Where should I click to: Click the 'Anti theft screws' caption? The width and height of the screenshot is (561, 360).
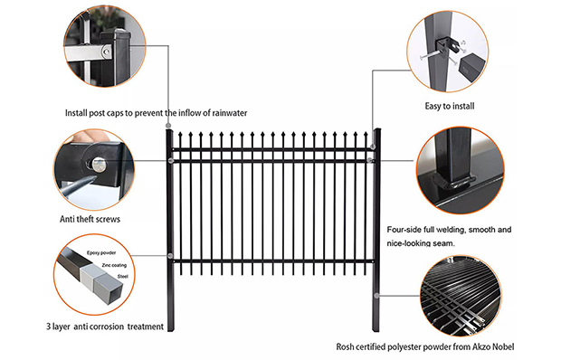[x=90, y=219]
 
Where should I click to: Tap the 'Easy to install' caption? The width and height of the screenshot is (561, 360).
[x=450, y=106]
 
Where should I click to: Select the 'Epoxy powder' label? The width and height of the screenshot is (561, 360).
[x=101, y=252]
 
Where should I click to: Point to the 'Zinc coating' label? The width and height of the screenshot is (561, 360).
[x=114, y=265]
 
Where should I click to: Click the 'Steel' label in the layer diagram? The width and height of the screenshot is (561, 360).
[x=122, y=277]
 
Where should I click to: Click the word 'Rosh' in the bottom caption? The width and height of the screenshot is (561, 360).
[x=345, y=346]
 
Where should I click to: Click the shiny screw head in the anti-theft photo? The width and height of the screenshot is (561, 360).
[x=99, y=165]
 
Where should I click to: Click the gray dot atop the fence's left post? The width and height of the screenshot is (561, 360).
[x=168, y=126]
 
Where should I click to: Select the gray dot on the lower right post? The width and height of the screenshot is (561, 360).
[x=376, y=295]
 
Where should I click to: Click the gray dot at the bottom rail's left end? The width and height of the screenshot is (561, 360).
[x=170, y=256]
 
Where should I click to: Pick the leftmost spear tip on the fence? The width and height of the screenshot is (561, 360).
[x=180, y=134]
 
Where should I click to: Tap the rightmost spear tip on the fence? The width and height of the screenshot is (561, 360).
[x=366, y=134]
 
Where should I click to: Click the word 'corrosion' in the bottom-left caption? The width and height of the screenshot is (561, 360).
[x=107, y=327]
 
